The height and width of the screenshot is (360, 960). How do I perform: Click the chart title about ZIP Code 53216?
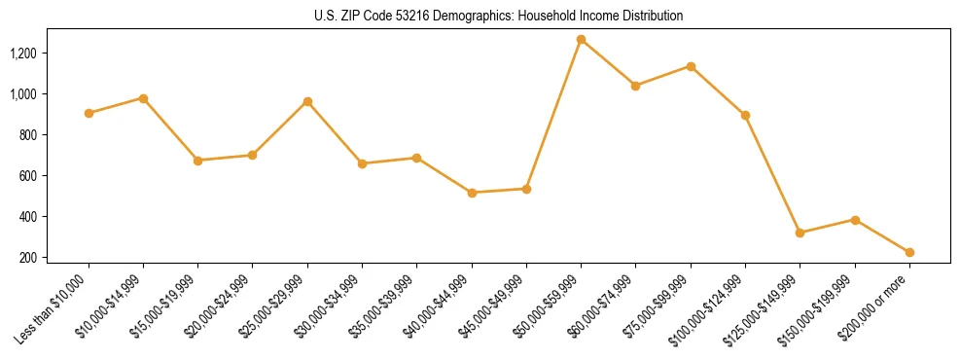coord(499,17)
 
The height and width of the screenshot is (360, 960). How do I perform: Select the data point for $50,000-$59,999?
coord(581,40)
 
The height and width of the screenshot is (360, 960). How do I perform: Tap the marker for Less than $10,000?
coord(89,113)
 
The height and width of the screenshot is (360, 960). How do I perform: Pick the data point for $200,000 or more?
coord(909,252)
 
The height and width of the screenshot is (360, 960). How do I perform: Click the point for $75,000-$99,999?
coord(691,66)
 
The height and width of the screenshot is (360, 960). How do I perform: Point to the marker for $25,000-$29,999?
coord(307,101)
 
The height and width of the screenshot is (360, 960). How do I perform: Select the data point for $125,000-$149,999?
coord(800,233)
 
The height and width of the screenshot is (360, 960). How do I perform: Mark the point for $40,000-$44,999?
coord(472,193)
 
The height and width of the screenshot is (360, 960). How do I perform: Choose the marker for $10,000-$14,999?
coord(143,98)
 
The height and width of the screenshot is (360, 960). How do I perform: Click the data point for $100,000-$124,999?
coord(745,115)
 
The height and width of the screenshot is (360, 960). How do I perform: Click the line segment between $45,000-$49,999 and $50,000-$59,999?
coord(553,115)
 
